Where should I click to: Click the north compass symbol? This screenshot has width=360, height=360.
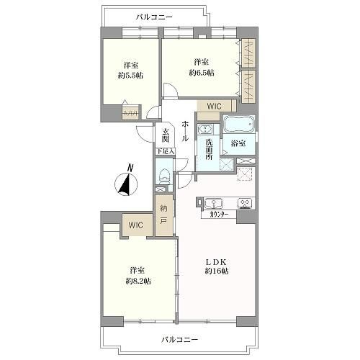tap(126, 181)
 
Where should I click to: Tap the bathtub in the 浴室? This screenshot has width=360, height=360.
tap(238, 125)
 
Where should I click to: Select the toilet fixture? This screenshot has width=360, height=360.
tap(165, 176)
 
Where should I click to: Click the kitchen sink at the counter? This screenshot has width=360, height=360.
tap(213, 204)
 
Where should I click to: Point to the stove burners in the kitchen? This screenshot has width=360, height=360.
tap(245, 204)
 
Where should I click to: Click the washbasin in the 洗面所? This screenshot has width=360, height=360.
tap(205, 129)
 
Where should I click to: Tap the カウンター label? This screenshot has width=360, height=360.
tap(219, 215)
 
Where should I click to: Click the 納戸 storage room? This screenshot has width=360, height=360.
tap(164, 215)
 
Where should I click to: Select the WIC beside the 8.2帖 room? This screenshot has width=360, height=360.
tap(136, 225)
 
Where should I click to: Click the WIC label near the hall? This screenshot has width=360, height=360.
tap(214, 106)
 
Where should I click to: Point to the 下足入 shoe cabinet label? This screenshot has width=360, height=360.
tap(166, 151)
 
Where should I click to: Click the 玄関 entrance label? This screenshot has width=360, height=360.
tap(165, 135)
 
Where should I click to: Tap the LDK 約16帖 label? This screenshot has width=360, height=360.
tap(217, 266)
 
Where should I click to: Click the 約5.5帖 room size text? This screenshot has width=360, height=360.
tap(130, 76)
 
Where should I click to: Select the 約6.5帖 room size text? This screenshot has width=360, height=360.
tap(202, 73)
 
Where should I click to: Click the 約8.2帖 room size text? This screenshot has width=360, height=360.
tap(138, 281)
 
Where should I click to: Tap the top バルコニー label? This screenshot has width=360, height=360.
tap(154, 17)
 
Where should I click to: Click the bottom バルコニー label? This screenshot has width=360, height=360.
tap(180, 339)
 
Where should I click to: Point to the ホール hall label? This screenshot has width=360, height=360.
tap(185, 131)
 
